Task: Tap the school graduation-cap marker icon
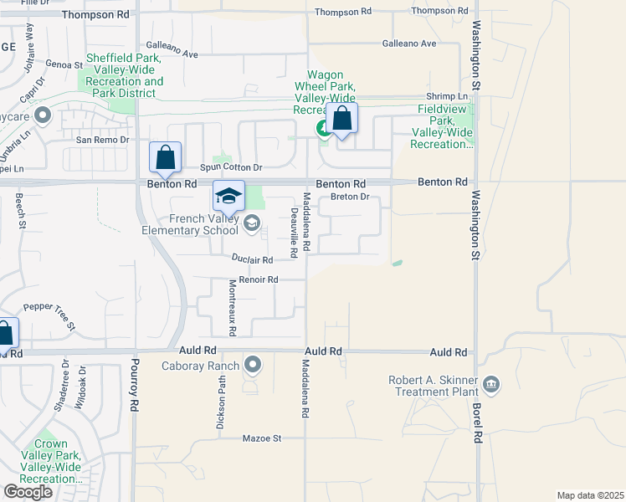coord(229,197)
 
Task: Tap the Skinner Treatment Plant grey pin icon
coord(491,384)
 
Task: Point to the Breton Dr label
coord(350,197)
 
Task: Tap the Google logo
coord(28,492)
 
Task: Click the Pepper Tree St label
coord(50,315)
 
